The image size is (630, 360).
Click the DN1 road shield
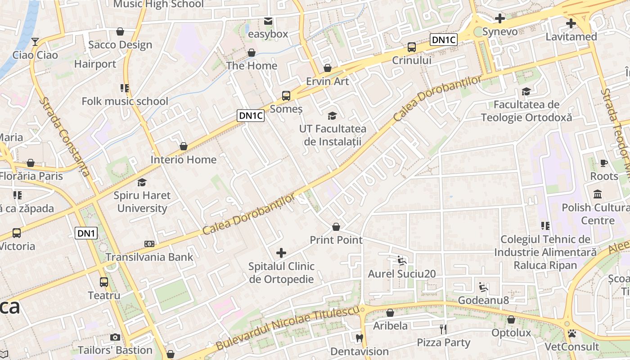pos(85,233)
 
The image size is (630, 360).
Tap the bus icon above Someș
pos(286,95)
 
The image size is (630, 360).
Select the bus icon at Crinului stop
pos(411,47)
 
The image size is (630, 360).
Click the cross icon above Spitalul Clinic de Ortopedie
pos(281,253)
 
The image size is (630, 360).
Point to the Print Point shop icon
pos(336,226)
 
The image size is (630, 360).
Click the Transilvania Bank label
pos(149,257)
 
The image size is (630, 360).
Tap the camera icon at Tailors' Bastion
pos(115,337)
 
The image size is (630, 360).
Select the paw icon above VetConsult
pos(572,333)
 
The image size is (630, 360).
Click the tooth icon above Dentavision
pos(359,338)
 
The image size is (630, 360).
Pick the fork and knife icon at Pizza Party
pos(443,329)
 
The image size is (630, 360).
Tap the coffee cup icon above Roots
pos(604,163)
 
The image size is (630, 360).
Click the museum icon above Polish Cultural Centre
pos(598,194)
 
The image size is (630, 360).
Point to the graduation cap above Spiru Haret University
pos(142,182)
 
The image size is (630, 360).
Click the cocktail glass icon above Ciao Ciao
pos(35,42)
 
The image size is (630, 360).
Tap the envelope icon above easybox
pos(268,21)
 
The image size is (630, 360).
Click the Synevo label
pos(500,32)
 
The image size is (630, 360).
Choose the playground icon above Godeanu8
pos(483,287)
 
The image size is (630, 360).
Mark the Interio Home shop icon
pos(183,146)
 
